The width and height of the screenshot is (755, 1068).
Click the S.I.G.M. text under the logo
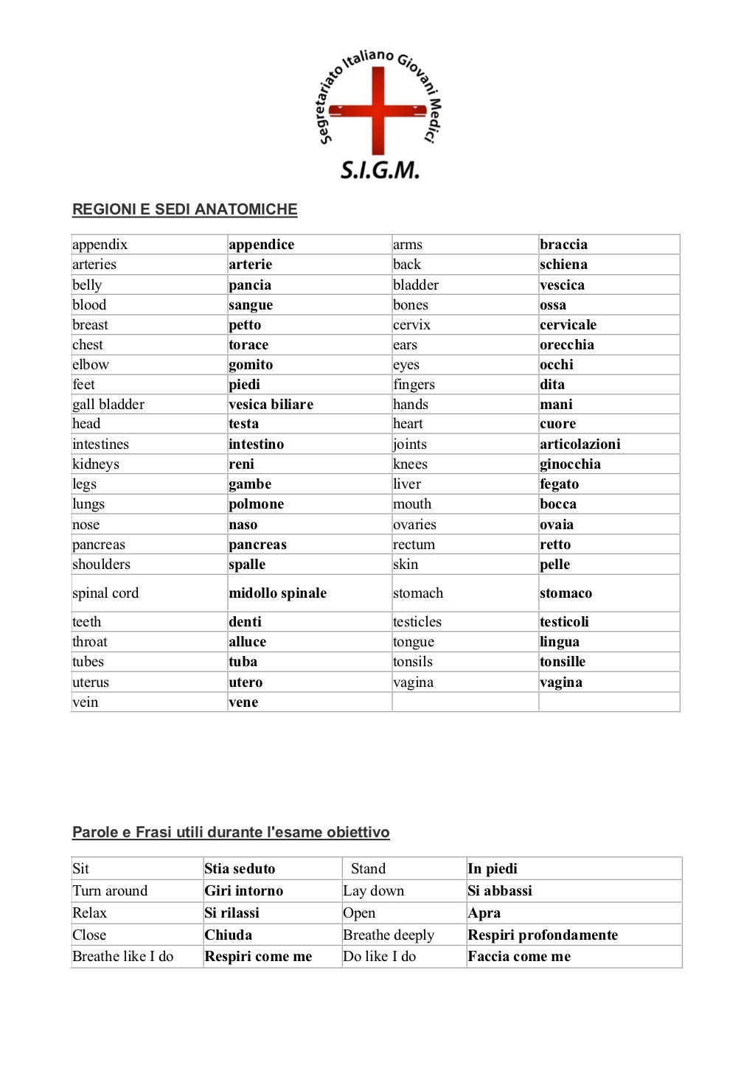tap(379, 170)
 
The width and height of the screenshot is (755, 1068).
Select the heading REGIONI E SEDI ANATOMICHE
tap(184, 209)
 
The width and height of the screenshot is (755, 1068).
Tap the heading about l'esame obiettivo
tap(231, 832)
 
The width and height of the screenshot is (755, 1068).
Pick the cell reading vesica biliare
tap(271, 404)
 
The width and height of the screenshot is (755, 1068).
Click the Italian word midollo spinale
tap(277, 593)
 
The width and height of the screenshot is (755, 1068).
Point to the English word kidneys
tap(96, 464)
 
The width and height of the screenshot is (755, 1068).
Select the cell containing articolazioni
tap(580, 444)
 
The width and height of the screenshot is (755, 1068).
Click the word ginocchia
tap(570, 464)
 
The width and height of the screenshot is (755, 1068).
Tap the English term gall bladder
tap(108, 404)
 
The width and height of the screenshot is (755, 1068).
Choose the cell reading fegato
tap(559, 484)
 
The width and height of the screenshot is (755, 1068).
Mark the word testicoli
tap(564, 622)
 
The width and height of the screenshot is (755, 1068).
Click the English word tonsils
tap(413, 662)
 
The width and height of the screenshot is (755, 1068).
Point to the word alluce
tap(247, 642)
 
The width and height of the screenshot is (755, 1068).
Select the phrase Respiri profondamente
tap(543, 935)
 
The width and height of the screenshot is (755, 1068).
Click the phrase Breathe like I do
tap(122, 957)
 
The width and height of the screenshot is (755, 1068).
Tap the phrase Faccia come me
tap(519, 957)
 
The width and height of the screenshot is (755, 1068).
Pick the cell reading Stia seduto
tap(240, 868)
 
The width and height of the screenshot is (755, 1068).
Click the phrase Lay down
tap(374, 890)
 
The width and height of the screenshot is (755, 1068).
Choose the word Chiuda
tap(229, 935)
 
